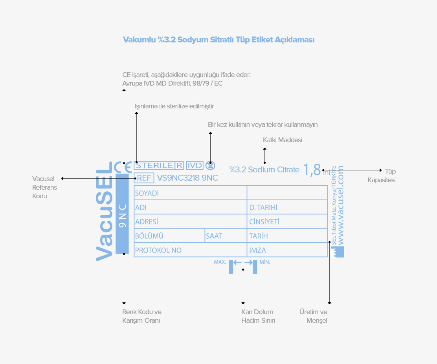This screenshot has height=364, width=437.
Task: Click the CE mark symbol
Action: pos(123,167)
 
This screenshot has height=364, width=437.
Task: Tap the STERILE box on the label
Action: pos(158,165)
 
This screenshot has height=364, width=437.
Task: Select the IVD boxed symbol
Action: pos(195,165)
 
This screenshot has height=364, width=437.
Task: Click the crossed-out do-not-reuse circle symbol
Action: pos(210,165)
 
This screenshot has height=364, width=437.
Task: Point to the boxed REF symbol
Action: pos(144,178)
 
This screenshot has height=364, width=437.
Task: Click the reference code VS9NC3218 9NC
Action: pos(187,178)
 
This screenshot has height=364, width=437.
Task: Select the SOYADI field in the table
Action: pos(190,193)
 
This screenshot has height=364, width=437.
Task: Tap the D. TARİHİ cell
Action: pos(287,207)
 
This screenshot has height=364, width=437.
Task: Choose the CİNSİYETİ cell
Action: pos(287,221)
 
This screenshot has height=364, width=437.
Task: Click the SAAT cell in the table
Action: pos(226,236)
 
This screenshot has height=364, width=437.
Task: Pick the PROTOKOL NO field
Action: pos(190,250)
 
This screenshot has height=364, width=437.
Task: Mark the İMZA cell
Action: pos(287,250)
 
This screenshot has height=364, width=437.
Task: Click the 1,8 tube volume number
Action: pos(312,170)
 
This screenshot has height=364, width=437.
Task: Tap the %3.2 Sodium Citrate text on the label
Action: pos(264,170)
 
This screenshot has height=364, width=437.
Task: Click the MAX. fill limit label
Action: pos(220,262)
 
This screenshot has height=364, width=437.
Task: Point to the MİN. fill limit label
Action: pos(265,262)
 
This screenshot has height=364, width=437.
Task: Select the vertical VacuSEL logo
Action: pos(104,211)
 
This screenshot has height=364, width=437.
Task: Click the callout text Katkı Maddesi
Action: pos(283,140)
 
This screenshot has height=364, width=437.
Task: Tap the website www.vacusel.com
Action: pos(340,205)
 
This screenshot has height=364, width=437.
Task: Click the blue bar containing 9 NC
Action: pos(122,214)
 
